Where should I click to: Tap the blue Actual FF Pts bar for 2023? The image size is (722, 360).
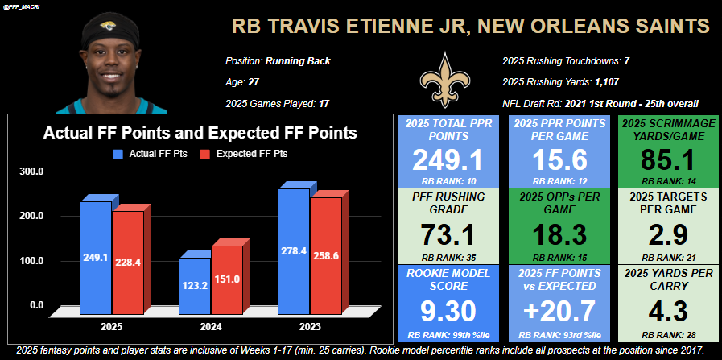click(x=294, y=250)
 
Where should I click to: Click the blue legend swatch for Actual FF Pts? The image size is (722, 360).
click(x=118, y=153)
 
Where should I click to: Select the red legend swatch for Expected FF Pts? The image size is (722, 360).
click(x=204, y=153)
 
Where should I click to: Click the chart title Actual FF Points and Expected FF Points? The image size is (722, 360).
click(x=200, y=133)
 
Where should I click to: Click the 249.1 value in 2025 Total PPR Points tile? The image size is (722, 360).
click(x=444, y=160)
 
